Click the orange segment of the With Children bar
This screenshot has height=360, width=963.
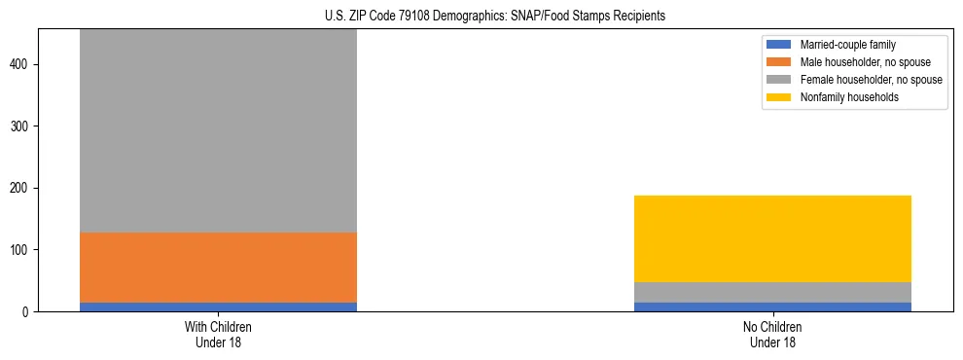point(218,268)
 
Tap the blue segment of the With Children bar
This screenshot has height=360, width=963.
point(218,306)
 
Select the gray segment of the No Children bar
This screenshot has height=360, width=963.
point(772,292)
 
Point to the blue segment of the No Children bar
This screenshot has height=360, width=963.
point(772,306)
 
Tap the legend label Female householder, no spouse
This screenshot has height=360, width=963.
point(871,80)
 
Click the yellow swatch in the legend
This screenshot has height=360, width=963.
point(780,97)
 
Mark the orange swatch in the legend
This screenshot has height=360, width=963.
point(780,62)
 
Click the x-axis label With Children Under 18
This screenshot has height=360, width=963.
point(218,335)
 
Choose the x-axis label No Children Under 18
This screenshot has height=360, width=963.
point(772,335)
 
